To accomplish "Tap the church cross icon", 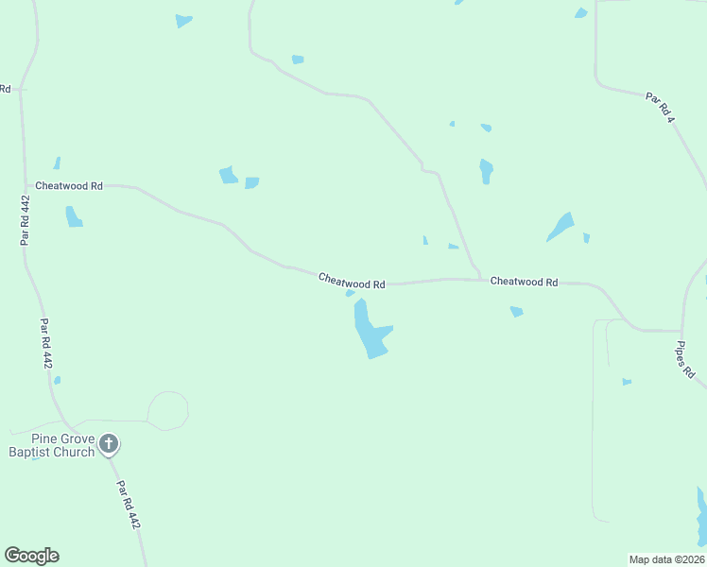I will [109, 443].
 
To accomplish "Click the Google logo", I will [31, 556].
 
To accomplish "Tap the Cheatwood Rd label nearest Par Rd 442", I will [68, 186].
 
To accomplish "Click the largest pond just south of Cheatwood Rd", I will [370, 333].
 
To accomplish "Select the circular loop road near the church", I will [168, 410].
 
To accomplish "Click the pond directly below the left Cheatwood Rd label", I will [73, 217].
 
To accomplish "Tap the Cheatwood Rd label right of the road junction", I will [524, 282].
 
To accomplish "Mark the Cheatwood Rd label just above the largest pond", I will [352, 281].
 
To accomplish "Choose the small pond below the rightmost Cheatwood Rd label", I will [516, 311].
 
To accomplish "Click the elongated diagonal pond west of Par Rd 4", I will [560, 227].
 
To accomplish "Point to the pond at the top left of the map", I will [183, 21].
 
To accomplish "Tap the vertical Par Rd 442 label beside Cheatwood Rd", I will [25, 219].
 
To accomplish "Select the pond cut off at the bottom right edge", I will [700, 517].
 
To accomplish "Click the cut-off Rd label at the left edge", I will [5, 89].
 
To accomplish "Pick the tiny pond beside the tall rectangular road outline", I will [626, 382].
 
